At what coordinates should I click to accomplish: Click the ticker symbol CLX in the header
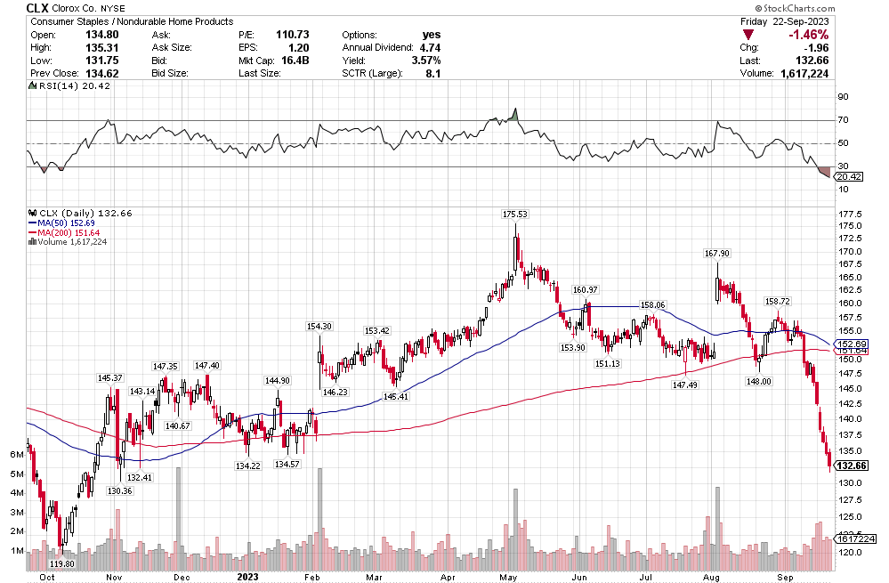click(x=36, y=7)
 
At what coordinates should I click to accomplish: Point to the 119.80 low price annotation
click(x=61, y=563)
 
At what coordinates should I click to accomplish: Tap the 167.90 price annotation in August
click(x=716, y=254)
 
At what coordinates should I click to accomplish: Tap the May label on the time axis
click(x=508, y=575)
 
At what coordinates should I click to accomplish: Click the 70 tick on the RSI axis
click(x=841, y=119)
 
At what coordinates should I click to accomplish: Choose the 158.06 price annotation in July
click(x=653, y=305)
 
